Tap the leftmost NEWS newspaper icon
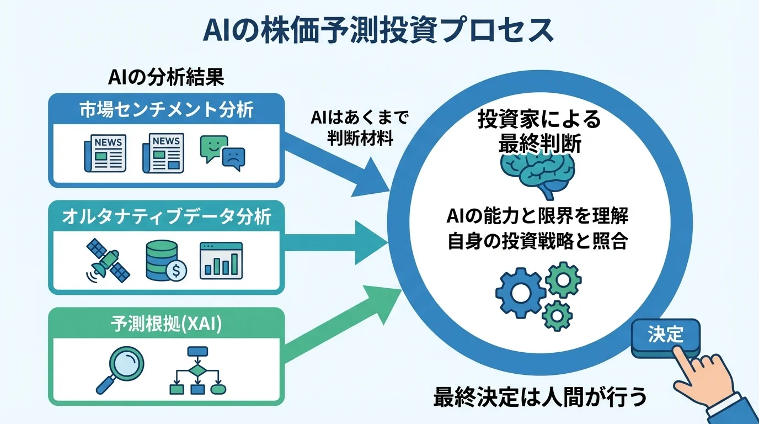105,153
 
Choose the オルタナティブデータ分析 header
166,216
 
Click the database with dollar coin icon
165,260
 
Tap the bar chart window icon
221,260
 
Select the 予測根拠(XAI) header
166,324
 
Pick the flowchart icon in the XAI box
197,370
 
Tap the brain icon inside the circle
537,172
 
